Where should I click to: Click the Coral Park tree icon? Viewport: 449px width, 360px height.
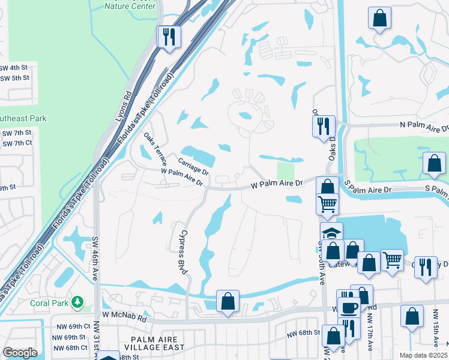tap(77, 302)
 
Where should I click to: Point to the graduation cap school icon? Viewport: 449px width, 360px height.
tap(331, 233)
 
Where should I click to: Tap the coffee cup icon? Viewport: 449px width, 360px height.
tap(348, 307)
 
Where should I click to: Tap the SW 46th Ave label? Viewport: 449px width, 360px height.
tap(95, 259)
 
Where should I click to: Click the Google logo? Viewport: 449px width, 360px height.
tap(20, 353)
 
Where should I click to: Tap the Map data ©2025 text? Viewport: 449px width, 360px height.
tap(423, 355)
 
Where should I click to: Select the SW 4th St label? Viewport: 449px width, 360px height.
tap(15, 68)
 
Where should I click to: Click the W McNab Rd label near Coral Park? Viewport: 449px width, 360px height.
tap(124, 314)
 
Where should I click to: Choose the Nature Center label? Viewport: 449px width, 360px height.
tap(130, 7)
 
